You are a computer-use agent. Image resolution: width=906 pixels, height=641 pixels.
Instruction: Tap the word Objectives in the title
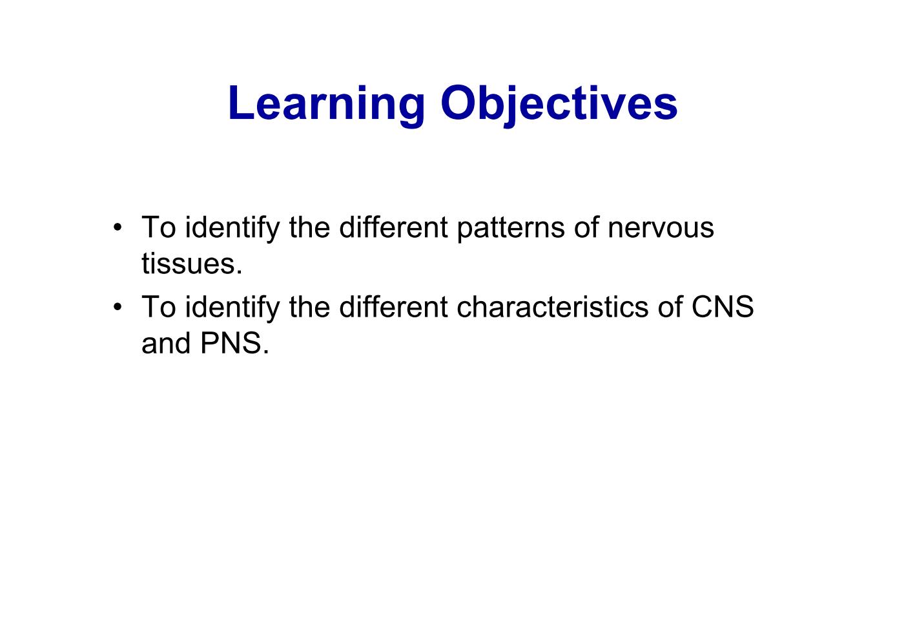[559, 103]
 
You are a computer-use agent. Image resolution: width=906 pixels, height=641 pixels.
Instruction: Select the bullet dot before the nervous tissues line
[117, 228]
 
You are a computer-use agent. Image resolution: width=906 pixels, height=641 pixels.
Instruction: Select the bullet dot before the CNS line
[117, 308]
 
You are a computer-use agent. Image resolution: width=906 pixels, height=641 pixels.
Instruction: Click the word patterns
[510, 228]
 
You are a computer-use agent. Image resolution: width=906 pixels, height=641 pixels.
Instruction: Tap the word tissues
[192, 264]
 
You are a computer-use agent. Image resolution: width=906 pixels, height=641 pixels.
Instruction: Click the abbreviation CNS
[722, 308]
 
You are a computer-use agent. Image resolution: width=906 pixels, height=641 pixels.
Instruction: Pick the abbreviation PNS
[234, 344]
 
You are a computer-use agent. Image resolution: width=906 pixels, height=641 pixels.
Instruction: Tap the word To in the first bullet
[158, 228]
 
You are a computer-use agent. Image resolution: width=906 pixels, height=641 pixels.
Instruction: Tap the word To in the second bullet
[158, 308]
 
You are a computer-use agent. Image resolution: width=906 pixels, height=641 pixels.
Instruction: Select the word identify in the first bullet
[232, 228]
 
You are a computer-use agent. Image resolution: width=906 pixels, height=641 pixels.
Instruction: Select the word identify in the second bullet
[232, 308]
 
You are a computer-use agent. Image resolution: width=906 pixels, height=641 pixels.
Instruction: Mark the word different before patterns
[393, 228]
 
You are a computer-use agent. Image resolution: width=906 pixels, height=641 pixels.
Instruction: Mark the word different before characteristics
[393, 308]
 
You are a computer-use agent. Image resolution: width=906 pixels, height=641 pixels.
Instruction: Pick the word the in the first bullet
[309, 228]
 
